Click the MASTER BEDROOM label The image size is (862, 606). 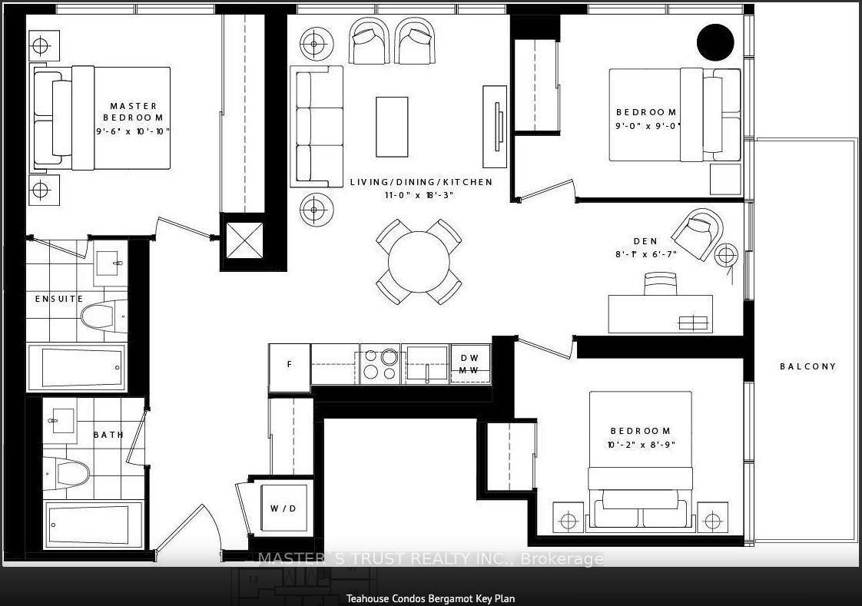coord(134,111)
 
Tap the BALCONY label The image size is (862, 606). coord(807,366)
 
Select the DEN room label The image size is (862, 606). coord(645,241)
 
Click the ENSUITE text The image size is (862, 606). coord(59,299)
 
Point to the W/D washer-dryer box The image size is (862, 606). coord(283,508)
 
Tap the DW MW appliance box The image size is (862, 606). coord(469,364)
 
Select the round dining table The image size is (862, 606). coord(419,262)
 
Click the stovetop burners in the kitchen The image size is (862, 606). coord(380,364)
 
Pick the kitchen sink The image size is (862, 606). coord(426,364)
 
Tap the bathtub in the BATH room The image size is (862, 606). coord(94,525)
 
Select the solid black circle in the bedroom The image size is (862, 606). coord(715,42)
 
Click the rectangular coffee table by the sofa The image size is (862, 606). coord(392,127)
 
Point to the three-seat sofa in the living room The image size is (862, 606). coord(317,127)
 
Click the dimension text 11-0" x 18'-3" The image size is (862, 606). coord(419,195)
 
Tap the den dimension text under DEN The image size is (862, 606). coord(646,254)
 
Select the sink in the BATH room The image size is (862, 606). coord(60,421)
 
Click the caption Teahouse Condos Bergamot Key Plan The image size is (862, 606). coord(430,598)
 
